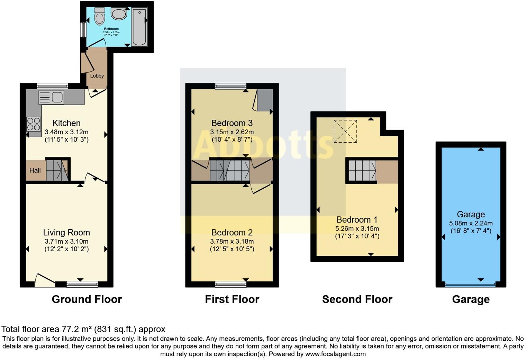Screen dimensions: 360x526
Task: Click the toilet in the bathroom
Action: tap(99, 16)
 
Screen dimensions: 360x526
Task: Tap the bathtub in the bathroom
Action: tap(139, 27)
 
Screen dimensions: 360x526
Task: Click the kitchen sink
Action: tap(51, 97)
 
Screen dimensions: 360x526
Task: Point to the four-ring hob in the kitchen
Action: tap(34, 124)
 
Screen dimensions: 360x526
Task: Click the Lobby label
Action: tap(97, 76)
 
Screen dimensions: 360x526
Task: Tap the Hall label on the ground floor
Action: tap(35, 170)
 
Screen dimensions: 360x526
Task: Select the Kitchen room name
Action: tap(66, 123)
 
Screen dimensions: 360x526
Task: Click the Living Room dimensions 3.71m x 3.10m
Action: tap(66, 241)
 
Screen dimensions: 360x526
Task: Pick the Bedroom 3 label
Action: tap(232, 123)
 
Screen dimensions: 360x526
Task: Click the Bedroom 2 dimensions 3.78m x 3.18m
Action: tap(232, 241)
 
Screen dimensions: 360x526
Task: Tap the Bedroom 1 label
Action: tap(357, 219)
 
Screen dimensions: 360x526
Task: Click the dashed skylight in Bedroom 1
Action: tap(345, 131)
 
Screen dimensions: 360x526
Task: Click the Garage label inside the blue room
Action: tap(471, 214)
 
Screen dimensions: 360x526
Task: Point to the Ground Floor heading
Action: tap(87, 299)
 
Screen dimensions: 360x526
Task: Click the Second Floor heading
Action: tap(357, 299)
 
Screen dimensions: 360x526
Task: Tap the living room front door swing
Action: tap(44, 280)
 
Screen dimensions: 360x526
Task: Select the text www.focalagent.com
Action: tap(335, 354)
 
